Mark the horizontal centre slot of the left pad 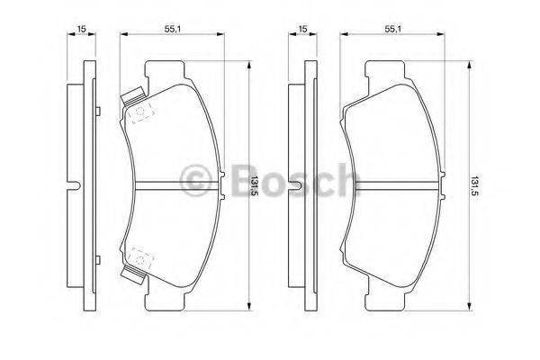pos(171,184)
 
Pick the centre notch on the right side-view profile pos(293,184)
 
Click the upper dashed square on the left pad pos(140,112)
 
